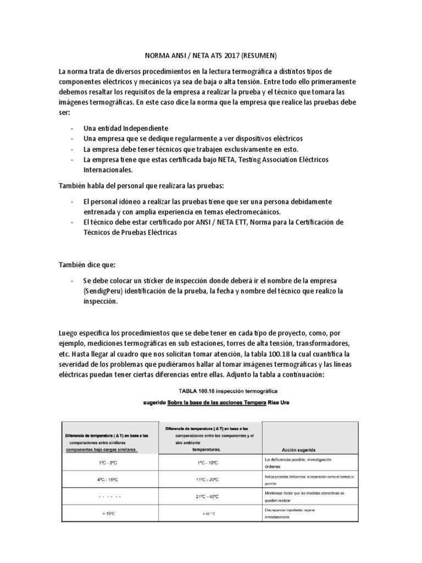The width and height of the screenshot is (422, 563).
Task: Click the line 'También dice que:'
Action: point(87,264)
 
